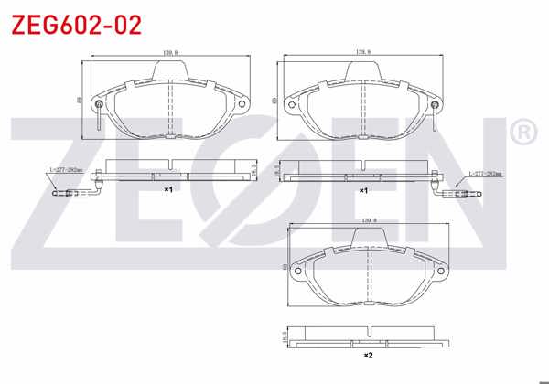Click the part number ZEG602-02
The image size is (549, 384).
click(x=76, y=25)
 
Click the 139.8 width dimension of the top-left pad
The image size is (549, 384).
click(x=169, y=53)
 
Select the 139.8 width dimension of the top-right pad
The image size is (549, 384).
click(x=361, y=53)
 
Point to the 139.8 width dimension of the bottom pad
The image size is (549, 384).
click(x=369, y=220)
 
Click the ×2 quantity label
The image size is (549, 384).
click(x=368, y=355)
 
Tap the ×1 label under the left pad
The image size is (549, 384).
click(x=168, y=189)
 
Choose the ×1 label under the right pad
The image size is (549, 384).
click(x=363, y=189)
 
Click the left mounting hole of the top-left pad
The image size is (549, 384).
click(x=99, y=104)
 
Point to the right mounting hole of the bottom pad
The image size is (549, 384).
click(x=442, y=272)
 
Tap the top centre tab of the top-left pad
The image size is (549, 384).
click(x=171, y=73)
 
